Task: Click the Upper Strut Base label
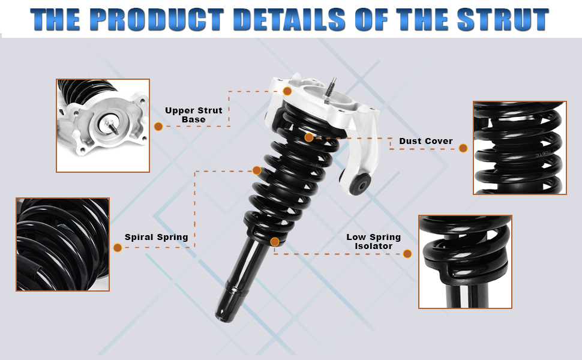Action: (193, 115)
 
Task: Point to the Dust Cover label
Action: (426, 141)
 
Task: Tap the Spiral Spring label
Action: (156, 237)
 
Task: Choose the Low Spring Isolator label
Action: (373, 242)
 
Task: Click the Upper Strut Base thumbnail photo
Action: (103, 125)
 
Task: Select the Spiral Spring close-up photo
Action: (63, 245)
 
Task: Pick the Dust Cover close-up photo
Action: (520, 148)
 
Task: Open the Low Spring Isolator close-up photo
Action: (465, 262)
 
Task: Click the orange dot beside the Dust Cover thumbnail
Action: (463, 148)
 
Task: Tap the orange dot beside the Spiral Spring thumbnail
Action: (118, 248)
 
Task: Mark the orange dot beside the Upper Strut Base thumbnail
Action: (158, 127)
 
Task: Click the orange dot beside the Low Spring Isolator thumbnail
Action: (407, 254)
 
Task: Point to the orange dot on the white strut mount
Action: (287, 91)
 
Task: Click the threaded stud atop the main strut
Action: (330, 89)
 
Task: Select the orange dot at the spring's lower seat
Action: (275, 242)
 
